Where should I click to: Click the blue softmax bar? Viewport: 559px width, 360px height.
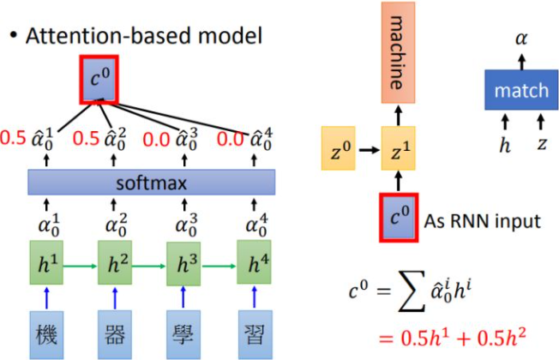coord(152,182)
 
